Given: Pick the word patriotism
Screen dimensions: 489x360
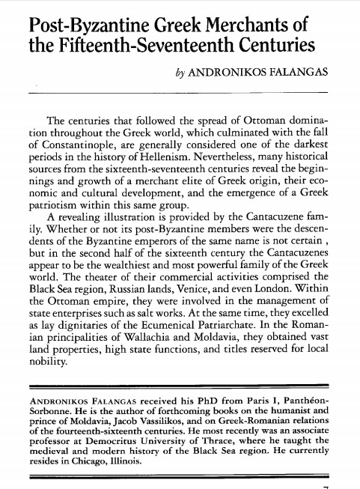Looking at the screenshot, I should click(58, 213).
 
